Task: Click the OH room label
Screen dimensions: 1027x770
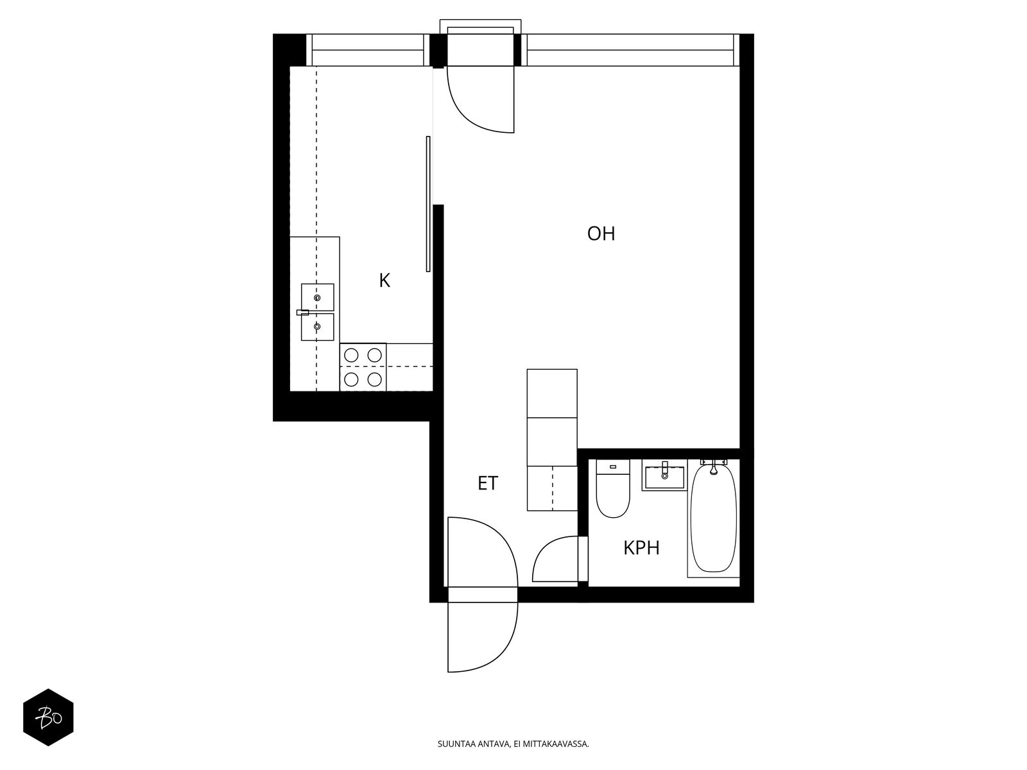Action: (x=601, y=234)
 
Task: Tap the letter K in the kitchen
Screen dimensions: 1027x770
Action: (x=384, y=280)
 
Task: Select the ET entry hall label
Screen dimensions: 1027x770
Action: (x=488, y=483)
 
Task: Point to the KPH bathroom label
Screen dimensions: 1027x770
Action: (x=641, y=548)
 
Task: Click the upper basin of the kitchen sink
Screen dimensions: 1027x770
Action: (x=317, y=297)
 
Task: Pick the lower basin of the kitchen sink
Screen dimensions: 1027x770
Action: (x=317, y=327)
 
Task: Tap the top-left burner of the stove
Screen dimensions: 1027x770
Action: (x=351, y=355)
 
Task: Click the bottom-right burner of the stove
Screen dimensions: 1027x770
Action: (x=374, y=380)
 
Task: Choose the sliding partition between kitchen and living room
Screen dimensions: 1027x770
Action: (x=428, y=204)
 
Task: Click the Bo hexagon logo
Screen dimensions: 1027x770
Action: (x=49, y=717)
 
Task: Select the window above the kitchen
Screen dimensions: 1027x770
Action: (x=368, y=50)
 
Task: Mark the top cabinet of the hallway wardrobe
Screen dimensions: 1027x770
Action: (x=552, y=393)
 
